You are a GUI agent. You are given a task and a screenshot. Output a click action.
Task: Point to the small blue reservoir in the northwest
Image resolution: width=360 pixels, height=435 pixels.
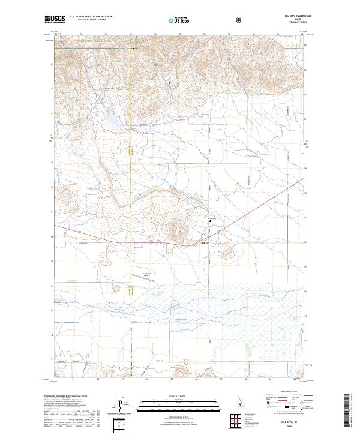[x=112, y=120]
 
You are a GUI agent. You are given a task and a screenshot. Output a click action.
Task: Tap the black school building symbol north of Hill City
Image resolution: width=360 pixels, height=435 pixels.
[x=209, y=221]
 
